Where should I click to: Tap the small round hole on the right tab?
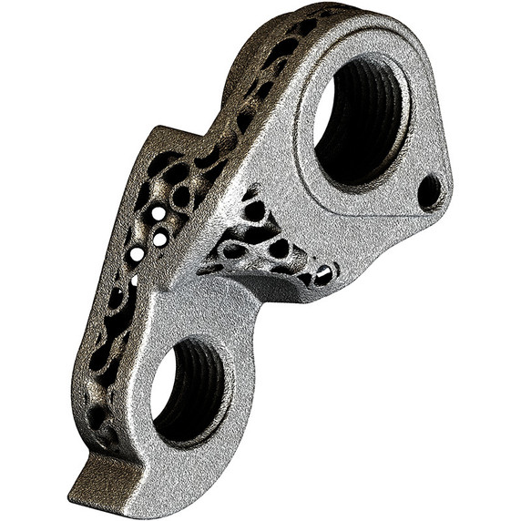429,191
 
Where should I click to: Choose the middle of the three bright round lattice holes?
160,240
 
